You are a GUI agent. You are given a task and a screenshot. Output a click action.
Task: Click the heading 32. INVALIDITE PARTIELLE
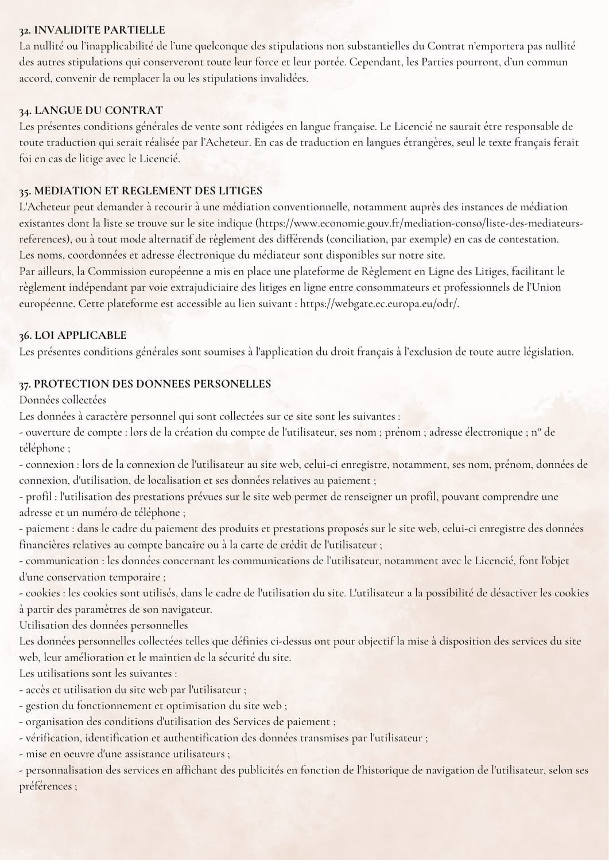coord(92,30)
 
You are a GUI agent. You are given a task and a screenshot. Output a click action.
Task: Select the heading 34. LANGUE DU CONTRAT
coord(91,110)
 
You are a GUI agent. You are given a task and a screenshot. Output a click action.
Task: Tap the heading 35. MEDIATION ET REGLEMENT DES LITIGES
coord(141,190)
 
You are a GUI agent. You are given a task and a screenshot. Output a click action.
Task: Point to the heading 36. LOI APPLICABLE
coord(73,335)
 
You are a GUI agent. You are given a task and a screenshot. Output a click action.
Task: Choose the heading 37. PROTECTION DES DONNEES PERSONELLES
coord(145,384)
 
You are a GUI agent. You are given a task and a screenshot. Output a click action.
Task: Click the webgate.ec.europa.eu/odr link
coord(379,303)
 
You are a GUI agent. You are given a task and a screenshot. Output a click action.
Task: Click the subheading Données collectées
coord(63,400)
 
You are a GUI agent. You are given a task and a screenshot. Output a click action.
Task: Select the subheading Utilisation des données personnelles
coord(103,625)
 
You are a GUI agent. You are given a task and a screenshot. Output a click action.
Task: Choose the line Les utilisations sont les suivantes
coord(98,673)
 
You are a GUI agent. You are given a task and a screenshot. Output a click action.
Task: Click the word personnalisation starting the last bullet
coord(64,770)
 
